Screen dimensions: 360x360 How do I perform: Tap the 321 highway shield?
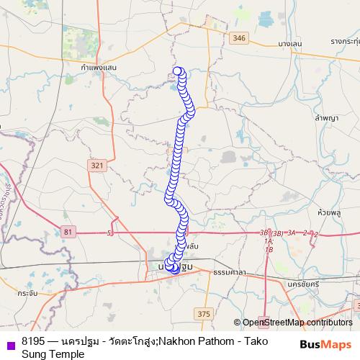(x=97, y=166)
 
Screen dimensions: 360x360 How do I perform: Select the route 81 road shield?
(x=68, y=231)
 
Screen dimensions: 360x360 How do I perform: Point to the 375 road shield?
(x=203, y=313)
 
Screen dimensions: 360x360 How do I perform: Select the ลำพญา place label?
(x=326, y=117)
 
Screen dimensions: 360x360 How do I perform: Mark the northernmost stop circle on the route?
(x=179, y=71)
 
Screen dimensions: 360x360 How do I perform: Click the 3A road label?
(x=292, y=233)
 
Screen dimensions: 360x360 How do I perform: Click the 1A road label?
(x=269, y=241)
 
